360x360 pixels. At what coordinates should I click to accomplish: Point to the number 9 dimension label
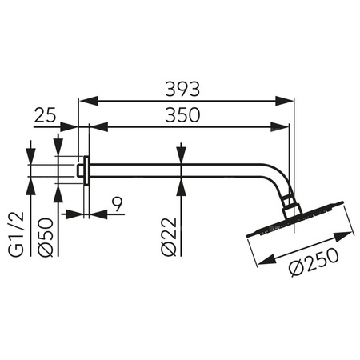coord(118,205)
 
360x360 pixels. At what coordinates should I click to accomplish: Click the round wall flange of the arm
coord(82,170)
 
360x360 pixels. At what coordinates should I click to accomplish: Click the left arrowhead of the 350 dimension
coord(94,126)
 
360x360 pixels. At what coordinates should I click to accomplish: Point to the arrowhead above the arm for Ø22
coord(182,156)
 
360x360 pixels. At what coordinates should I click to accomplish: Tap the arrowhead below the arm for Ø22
coord(182,184)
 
